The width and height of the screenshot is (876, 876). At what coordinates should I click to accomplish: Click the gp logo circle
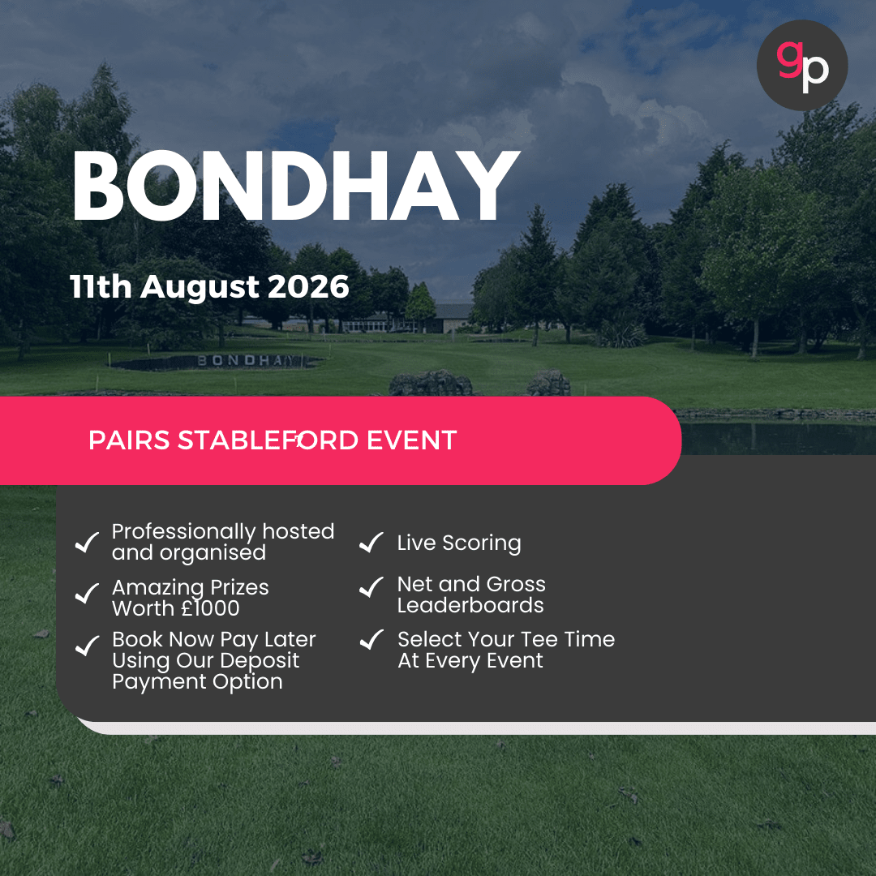801,65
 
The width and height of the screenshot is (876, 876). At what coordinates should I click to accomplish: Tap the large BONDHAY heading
295,188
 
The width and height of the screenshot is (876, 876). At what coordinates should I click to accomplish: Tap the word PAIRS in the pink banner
129,440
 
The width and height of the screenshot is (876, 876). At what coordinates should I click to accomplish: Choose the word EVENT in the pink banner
411,440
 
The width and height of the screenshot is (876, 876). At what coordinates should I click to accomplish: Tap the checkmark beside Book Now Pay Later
87,646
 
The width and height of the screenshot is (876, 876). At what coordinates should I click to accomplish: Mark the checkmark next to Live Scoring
371,543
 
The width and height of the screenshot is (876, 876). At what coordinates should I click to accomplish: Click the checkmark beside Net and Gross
371,586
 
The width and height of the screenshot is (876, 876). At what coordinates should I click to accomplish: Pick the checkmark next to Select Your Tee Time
371,640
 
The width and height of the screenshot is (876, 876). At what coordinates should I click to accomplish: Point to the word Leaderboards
470,606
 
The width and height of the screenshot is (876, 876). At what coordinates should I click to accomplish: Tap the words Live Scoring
459,543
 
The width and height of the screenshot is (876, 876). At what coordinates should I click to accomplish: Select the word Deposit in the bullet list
259,660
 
